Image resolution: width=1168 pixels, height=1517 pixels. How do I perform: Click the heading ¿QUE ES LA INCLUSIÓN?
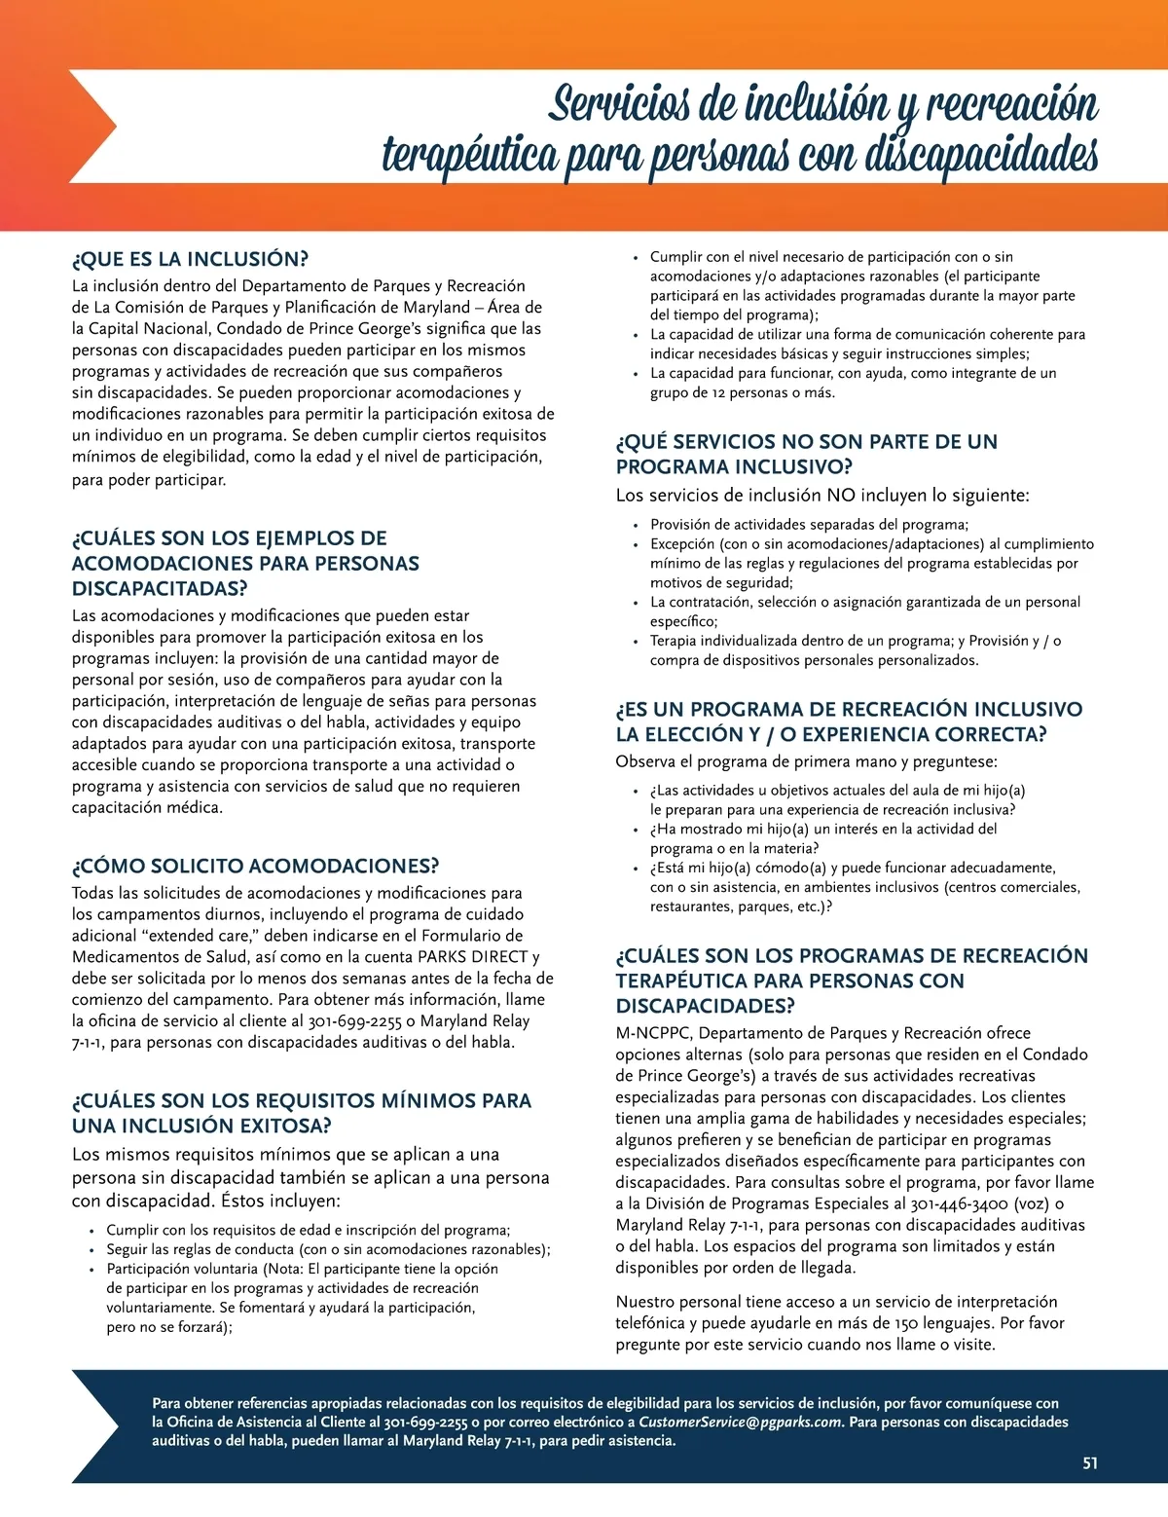[190, 259]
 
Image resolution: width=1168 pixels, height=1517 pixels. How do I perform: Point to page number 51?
[1090, 1463]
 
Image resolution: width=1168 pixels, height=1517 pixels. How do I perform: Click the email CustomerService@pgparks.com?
[740, 1423]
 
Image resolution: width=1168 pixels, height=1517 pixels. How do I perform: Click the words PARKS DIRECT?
[472, 957]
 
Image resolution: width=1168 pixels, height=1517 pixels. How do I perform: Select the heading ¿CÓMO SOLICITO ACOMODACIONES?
[255, 867]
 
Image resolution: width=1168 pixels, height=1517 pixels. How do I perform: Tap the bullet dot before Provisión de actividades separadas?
[636, 526]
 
